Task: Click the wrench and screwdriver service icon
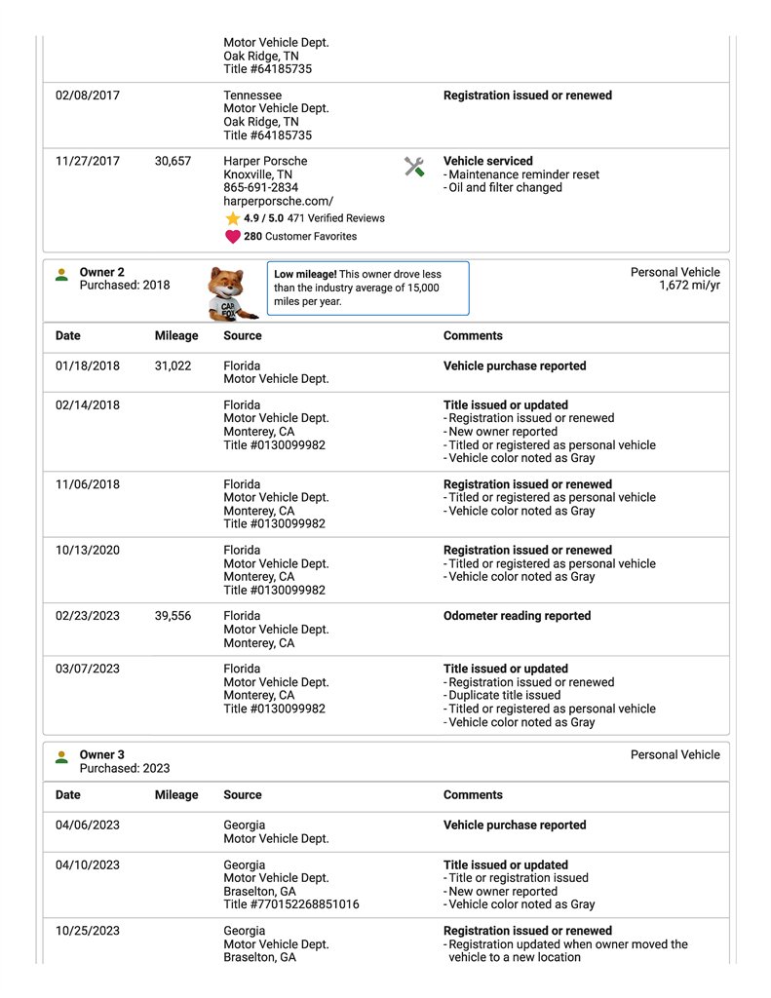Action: pos(414,167)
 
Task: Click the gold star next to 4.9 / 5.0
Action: pos(233,219)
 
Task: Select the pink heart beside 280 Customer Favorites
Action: pos(233,237)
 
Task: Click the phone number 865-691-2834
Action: pos(261,188)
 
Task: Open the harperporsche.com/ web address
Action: pos(278,201)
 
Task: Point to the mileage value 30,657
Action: pos(173,162)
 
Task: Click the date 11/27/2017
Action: pos(88,162)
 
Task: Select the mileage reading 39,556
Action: pos(173,617)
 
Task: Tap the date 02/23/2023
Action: pos(88,617)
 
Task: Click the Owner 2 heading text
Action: pos(101,273)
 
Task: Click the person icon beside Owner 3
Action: pos(61,756)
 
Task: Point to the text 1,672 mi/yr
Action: pos(689,286)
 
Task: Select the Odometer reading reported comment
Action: pos(517,617)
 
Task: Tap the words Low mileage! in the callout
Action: pos(306,275)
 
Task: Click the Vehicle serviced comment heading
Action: pos(487,162)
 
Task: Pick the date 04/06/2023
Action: pos(88,825)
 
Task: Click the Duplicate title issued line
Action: pos(505,696)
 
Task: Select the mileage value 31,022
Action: pos(173,366)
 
